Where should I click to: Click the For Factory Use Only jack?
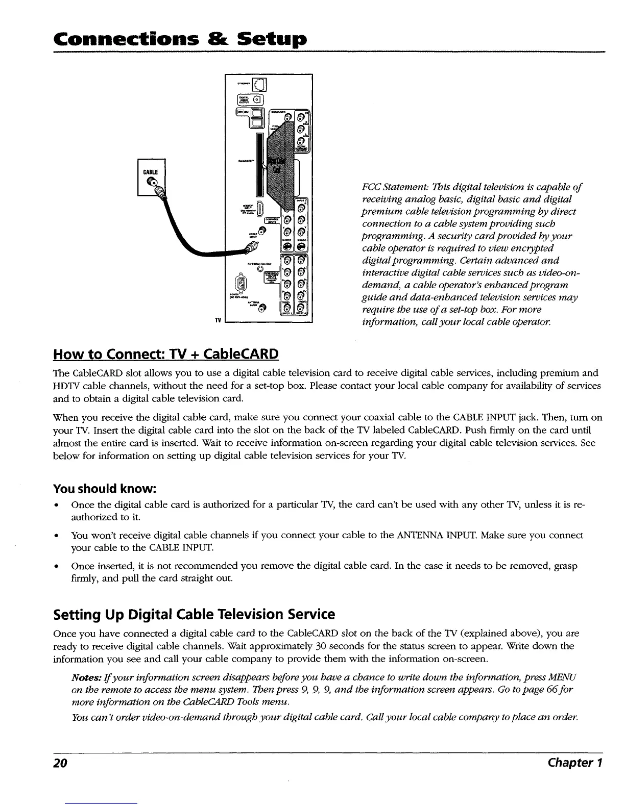260,269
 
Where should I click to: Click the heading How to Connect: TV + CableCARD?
166,353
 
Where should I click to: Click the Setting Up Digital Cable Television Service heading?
194,614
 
